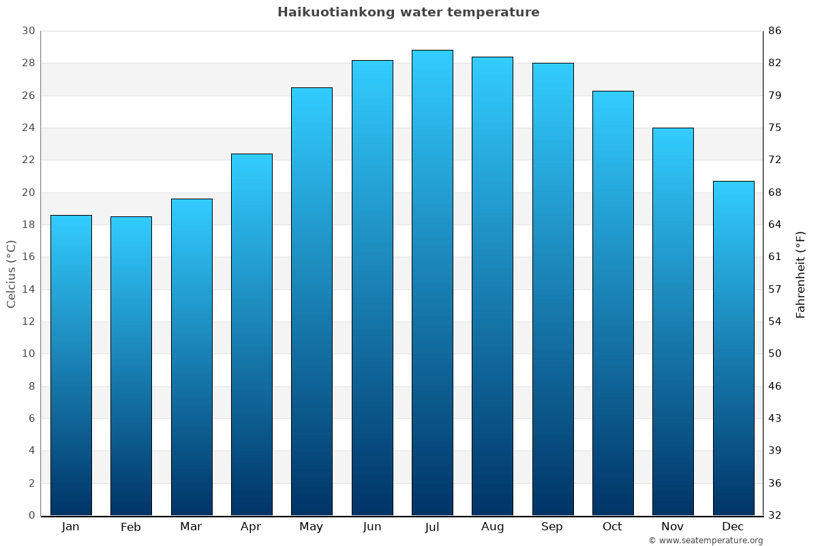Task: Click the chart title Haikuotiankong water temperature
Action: [x=408, y=12]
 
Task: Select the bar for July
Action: [x=432, y=283]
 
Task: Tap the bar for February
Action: [x=131, y=366]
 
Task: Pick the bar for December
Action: [x=733, y=348]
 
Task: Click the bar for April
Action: [x=252, y=334]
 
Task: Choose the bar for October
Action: [x=613, y=303]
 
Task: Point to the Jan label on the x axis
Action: [x=70, y=527]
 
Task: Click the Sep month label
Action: [x=552, y=527]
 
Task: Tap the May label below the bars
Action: [x=312, y=527]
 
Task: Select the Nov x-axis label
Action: [x=673, y=527]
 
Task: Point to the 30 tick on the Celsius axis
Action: [x=28, y=31]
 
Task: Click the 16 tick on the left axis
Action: [x=28, y=257]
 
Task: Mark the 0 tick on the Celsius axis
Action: [x=31, y=515]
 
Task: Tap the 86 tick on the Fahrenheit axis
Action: [x=775, y=31]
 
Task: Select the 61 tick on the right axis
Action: [x=775, y=257]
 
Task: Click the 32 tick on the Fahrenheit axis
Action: [x=775, y=515]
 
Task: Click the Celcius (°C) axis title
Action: [x=11, y=274]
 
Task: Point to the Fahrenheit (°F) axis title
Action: [x=801, y=274]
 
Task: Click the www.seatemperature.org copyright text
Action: [x=706, y=541]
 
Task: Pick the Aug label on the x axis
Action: [x=492, y=527]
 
